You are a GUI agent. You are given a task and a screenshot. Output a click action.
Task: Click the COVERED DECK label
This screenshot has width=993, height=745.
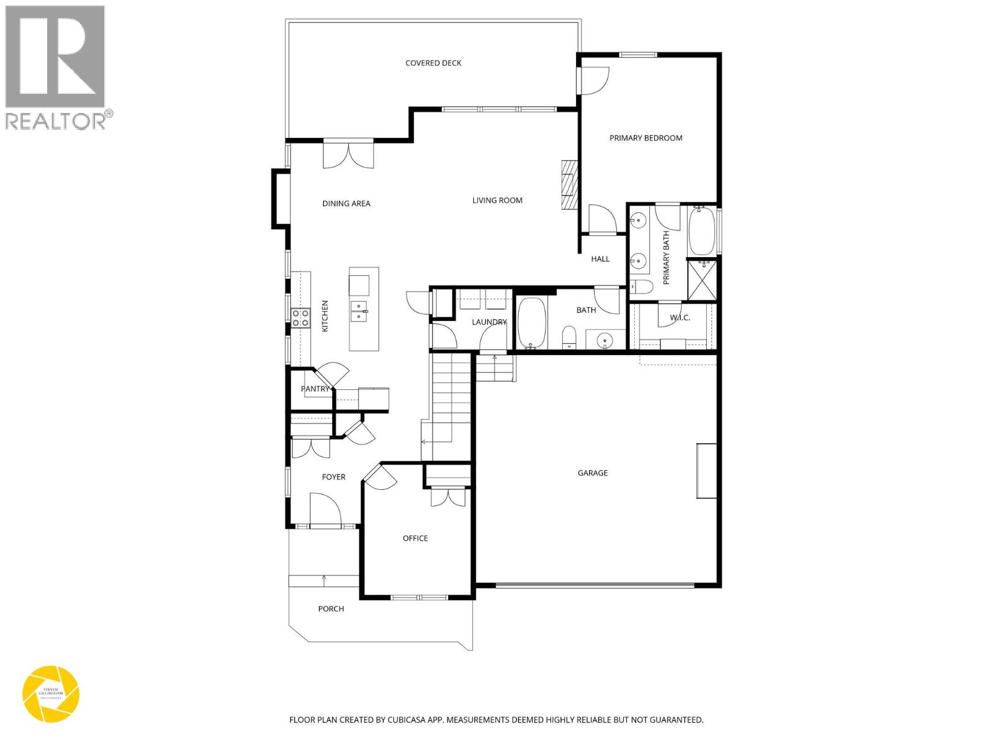433,63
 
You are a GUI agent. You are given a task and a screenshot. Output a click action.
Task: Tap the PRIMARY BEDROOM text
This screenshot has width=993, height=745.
645,138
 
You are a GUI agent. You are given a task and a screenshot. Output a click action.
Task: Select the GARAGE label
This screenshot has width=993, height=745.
592,473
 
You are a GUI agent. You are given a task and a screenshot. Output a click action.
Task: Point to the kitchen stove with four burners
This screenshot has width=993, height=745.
301,317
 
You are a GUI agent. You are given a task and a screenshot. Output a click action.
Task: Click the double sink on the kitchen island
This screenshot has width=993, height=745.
359,311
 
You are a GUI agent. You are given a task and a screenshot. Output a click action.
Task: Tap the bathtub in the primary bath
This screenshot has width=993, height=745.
701,231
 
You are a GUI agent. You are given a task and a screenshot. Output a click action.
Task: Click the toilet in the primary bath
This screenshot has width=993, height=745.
640,287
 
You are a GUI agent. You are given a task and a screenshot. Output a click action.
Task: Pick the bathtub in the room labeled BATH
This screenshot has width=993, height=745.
532,322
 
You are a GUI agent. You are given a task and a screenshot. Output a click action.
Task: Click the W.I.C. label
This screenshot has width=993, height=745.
680,318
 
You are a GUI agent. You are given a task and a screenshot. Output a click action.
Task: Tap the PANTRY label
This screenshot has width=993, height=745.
315,389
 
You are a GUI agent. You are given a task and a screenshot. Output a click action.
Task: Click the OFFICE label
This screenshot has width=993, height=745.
415,538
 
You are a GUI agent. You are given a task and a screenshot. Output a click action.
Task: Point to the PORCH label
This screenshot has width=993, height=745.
331,609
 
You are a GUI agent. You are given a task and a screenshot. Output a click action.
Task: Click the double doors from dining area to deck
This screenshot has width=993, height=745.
348,155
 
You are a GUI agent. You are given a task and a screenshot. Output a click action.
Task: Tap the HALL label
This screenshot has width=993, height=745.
600,259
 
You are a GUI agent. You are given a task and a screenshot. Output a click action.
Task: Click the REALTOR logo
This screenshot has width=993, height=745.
56,67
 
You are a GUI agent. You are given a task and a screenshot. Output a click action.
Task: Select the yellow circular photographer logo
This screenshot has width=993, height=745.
51,694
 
